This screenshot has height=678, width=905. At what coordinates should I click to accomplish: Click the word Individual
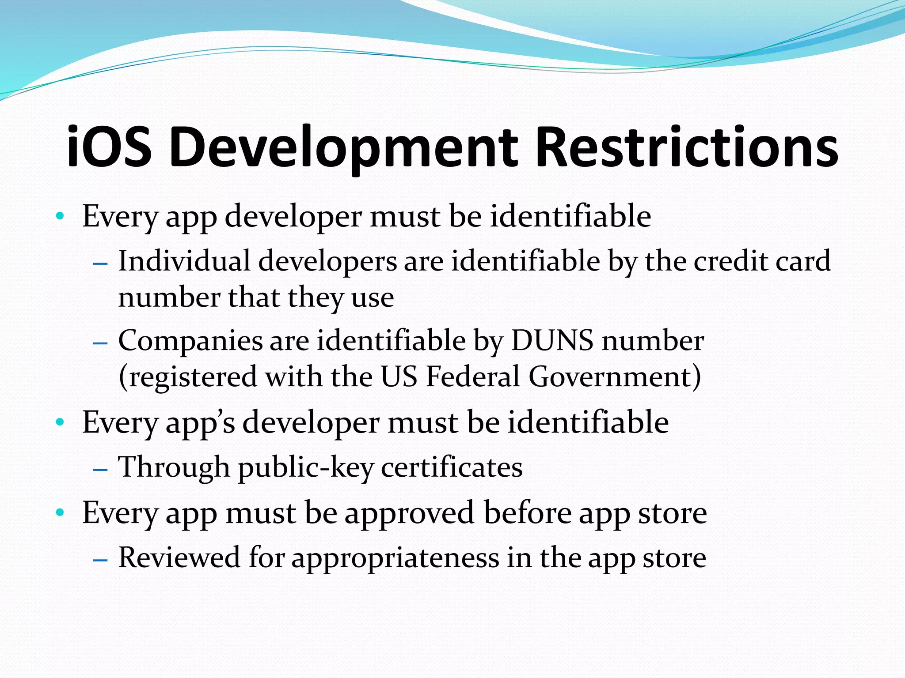pos(184,261)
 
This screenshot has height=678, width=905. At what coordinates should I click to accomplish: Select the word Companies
pos(190,341)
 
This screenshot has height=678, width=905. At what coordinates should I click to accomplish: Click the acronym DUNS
pos(552,341)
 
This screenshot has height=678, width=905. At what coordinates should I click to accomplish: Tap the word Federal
pos(473,377)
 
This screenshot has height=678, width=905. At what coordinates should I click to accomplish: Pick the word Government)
pos(615,378)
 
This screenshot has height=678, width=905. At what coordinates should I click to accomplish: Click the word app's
pos(200,423)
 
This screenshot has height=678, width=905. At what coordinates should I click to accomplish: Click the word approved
pos(410,513)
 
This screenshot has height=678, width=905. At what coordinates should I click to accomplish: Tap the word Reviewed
pos(179,557)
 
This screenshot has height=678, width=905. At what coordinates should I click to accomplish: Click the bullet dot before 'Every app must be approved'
pos(61,513)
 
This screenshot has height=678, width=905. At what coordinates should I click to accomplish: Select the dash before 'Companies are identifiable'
pos(101,343)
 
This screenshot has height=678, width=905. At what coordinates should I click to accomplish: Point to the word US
pos(399,377)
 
